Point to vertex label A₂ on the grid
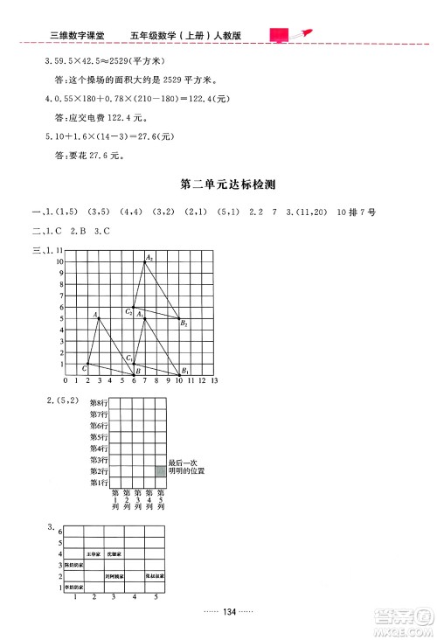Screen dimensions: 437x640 tap(149, 256)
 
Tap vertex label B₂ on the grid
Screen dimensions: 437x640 tap(184, 323)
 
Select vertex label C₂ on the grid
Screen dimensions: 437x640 tap(128, 310)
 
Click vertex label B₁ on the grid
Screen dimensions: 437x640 tap(185, 370)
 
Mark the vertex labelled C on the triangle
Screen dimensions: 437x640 tap(84, 369)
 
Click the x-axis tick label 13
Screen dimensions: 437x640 tap(213, 382)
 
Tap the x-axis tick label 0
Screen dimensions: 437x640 tap(66, 382)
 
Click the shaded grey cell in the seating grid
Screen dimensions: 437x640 tap(160, 471)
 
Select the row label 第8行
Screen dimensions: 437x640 tap(99, 403)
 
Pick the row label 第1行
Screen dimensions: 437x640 tap(99, 483)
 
